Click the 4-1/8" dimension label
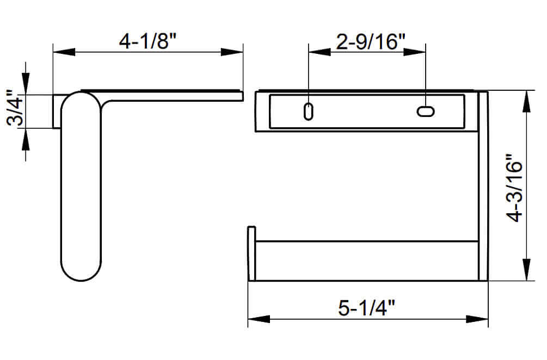(148, 41)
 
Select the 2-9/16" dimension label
(366, 41)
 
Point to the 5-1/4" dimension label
(366, 308)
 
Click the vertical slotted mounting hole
(308, 111)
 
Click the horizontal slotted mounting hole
(426, 111)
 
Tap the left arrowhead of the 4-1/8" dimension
(63, 52)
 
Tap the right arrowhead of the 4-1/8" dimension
(233, 52)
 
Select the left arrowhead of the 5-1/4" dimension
(258, 319)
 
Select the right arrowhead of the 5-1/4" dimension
(478, 319)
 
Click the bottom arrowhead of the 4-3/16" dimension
(526, 271)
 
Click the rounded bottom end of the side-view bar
(81, 272)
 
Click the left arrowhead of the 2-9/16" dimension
(319, 52)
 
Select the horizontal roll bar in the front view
(365, 260)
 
